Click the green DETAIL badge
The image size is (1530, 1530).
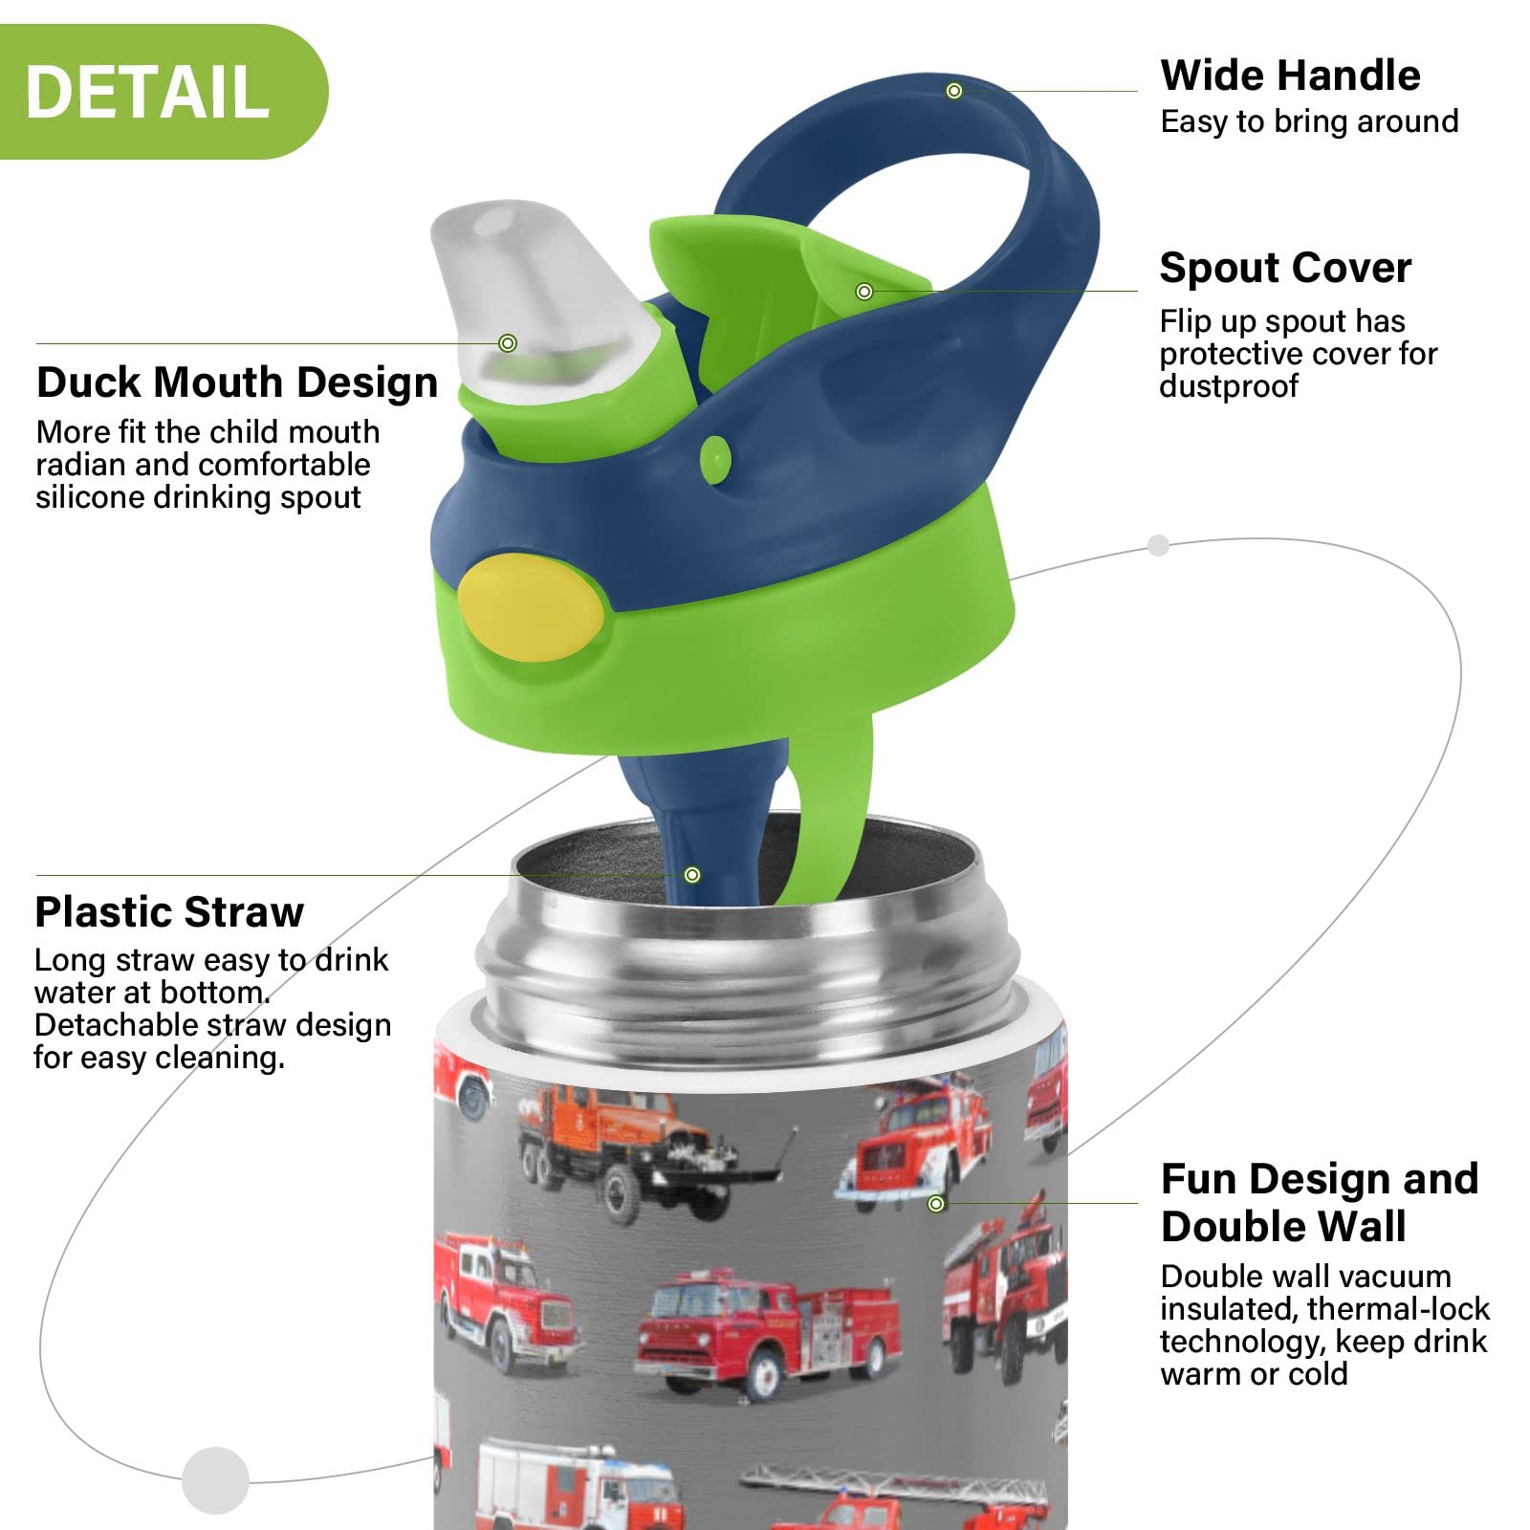coord(163,92)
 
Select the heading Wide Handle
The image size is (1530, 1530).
coord(1290,76)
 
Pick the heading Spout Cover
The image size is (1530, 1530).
coord(1285,268)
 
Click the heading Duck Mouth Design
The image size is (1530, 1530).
coord(237,382)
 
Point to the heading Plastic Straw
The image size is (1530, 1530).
coord(169,912)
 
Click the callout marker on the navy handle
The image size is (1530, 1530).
coord(954,91)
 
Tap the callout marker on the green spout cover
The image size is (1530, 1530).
coord(864,292)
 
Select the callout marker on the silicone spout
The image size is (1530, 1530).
coord(508,343)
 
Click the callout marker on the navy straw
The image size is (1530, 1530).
coord(692,875)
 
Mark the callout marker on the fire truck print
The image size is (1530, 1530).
coord(937,1204)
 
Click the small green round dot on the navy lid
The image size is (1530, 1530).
coord(715,460)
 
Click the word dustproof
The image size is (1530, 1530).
coord(1229,386)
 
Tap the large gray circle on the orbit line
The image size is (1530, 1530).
coord(216,1480)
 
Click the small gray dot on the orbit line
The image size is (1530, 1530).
coord(1158,545)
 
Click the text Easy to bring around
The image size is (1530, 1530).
coord(1309,122)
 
